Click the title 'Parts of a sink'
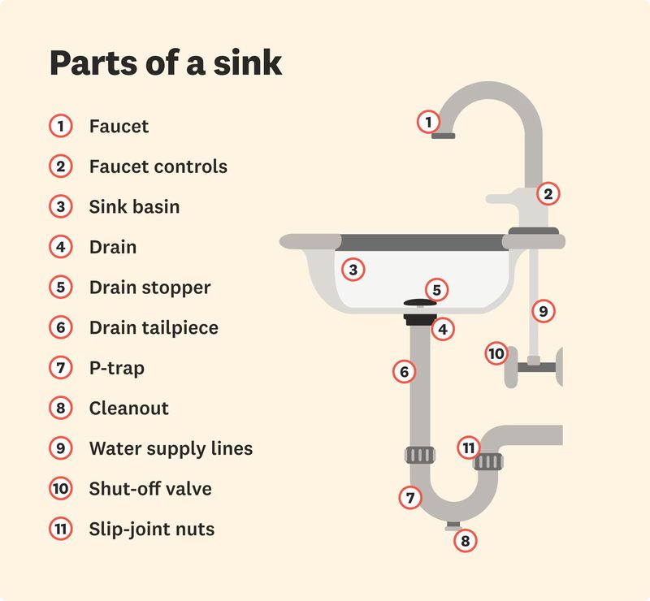pyautogui.click(x=166, y=63)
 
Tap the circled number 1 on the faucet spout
pyautogui.click(x=427, y=122)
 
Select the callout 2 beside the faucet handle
pyautogui.click(x=548, y=193)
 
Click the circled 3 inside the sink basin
pyautogui.click(x=352, y=270)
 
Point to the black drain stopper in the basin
pyautogui.click(x=420, y=304)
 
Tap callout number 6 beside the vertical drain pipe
pyautogui.click(x=404, y=372)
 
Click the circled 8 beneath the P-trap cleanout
pyautogui.click(x=465, y=540)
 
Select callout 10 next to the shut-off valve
pyautogui.click(x=496, y=353)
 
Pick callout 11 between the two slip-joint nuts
pyautogui.click(x=467, y=447)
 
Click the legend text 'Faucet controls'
pyautogui.click(x=158, y=166)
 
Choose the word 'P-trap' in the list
pyautogui.click(x=116, y=368)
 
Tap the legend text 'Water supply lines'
pyautogui.click(x=171, y=448)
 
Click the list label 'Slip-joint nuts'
pyautogui.click(x=151, y=529)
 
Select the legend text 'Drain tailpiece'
pyautogui.click(x=154, y=327)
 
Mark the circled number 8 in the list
pyautogui.click(x=60, y=408)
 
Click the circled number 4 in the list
pyautogui.click(x=60, y=247)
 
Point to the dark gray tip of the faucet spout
pyautogui.click(x=443, y=136)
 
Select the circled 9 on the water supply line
pyautogui.click(x=544, y=310)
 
